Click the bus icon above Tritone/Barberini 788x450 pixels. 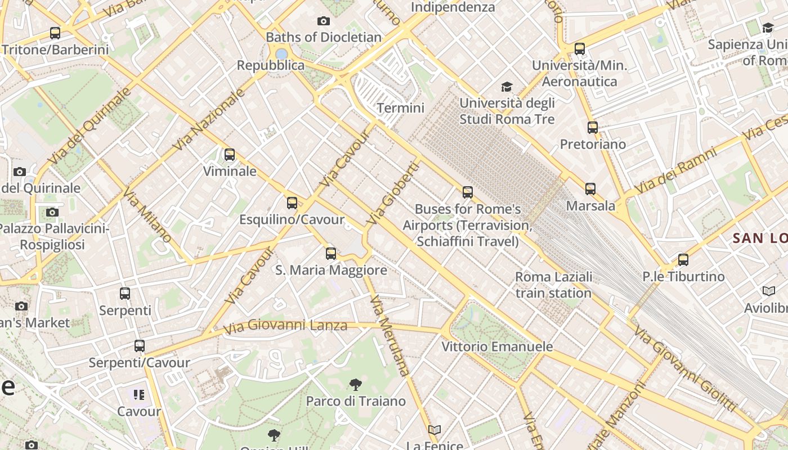pos(55,33)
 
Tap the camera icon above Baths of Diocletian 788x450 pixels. pos(324,21)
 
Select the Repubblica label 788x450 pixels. pos(270,65)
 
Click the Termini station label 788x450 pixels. pos(400,107)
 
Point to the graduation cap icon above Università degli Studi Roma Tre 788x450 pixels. pos(507,87)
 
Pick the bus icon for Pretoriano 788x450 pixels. pos(592,128)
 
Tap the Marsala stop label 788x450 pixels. pos(590,206)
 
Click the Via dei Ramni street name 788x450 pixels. pos(675,170)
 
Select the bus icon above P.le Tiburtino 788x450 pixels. pos(683,260)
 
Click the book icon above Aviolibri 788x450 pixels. pos(768,291)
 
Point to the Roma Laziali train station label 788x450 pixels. pos(554,285)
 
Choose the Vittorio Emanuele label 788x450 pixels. pos(497,346)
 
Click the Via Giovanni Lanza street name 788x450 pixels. pos(285,326)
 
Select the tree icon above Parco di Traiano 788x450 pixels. pos(355,385)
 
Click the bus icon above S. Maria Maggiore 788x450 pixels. pos(331,254)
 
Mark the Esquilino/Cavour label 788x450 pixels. pos(292,219)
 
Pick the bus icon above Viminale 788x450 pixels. pos(230,155)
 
